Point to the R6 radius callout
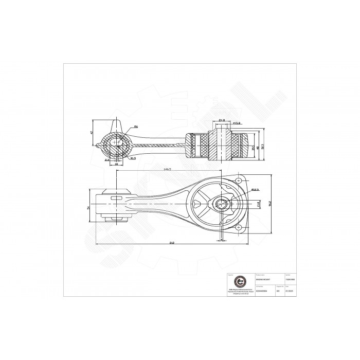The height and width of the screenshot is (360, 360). pos(136,127)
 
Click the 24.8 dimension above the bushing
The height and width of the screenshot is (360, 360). pos(222,120)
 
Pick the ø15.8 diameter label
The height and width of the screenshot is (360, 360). pos(238,123)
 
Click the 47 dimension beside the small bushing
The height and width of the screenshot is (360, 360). pos(92,133)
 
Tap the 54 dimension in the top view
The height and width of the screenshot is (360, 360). pos(88,208)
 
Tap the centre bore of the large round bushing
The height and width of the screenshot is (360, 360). pos(222,204)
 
